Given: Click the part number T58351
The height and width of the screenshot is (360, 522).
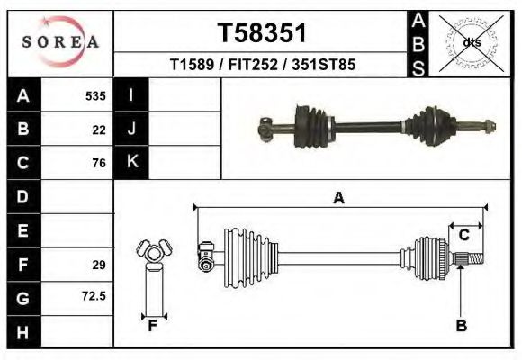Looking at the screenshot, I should tap(262, 33).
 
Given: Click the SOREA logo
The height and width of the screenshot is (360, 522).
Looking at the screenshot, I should tap(61, 42).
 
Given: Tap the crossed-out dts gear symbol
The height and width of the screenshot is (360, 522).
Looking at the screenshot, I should tap(472, 42).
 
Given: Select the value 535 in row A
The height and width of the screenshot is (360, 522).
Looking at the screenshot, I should tap(95, 95).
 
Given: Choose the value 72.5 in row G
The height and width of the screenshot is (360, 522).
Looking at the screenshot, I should tap(94, 295).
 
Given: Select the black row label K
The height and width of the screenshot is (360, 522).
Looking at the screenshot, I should tap(131, 162).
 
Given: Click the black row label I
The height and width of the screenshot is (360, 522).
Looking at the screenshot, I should tap(131, 95).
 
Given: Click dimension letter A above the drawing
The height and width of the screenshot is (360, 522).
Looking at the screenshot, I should tap(338, 198).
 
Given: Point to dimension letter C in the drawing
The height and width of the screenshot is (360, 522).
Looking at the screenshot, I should tap(464, 235).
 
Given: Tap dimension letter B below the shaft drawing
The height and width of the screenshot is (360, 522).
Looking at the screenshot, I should tap(461, 326).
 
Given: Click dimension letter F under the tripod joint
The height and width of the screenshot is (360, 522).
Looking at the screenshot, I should tap(153, 326).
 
